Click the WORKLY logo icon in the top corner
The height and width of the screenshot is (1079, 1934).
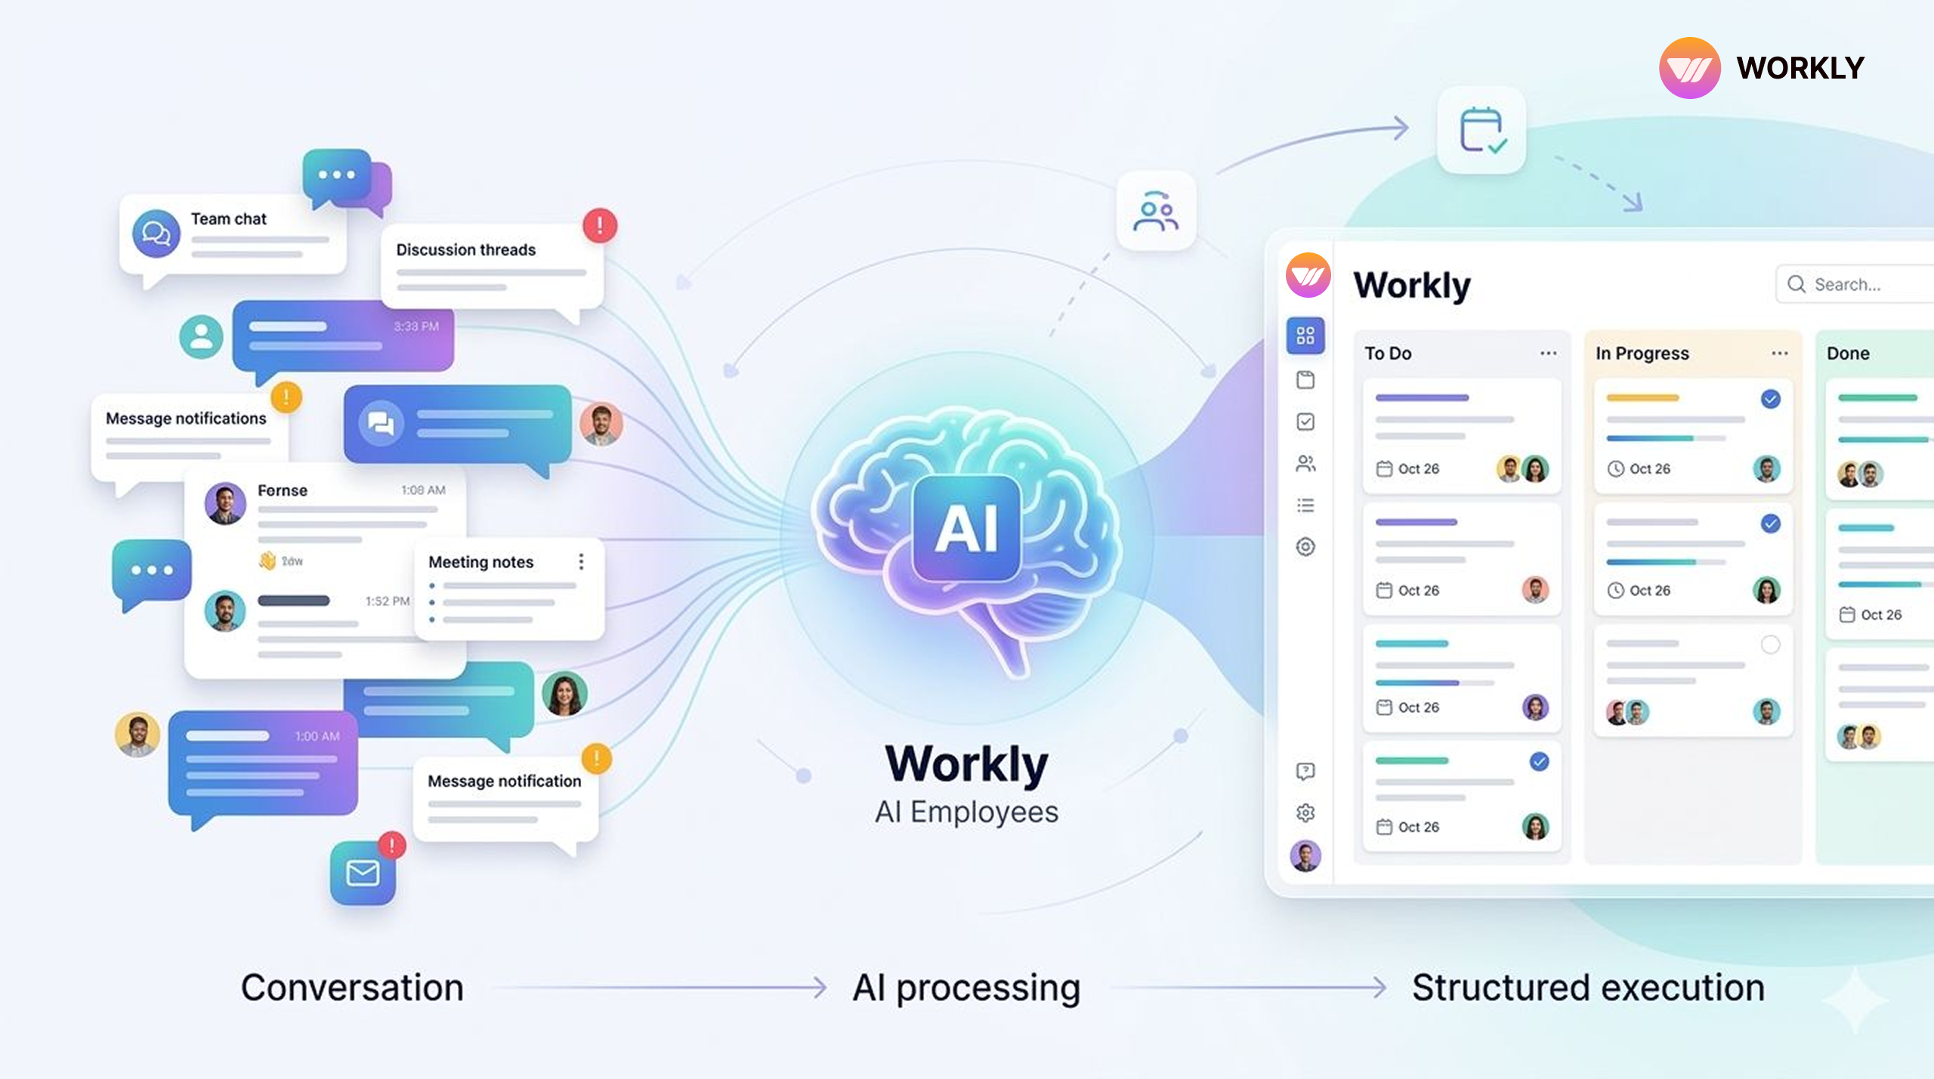tap(1689, 68)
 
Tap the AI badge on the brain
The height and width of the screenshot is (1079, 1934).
tap(966, 527)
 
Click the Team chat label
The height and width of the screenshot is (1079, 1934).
tap(228, 219)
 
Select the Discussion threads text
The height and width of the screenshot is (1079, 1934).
tap(465, 250)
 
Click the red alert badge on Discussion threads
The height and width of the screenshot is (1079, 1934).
tap(600, 225)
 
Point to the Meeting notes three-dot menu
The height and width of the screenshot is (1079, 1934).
tap(581, 561)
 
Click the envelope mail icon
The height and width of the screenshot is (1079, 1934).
tap(363, 873)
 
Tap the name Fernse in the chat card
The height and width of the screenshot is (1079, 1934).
tap(282, 490)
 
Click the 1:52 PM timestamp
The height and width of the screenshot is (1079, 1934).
tap(387, 601)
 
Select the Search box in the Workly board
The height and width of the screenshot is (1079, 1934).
tap(1851, 284)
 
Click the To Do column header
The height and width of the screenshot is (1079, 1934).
tap(1388, 354)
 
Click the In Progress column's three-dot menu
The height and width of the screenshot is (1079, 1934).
tap(1779, 354)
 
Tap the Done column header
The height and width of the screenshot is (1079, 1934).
tap(1848, 354)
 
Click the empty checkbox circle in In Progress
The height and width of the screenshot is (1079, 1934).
tap(1770, 645)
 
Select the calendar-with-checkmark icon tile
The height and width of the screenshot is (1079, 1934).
tap(1481, 130)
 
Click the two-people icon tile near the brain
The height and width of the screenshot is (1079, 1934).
tap(1155, 211)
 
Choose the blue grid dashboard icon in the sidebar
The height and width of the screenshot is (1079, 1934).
tap(1305, 335)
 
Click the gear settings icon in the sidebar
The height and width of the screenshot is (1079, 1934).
tap(1305, 812)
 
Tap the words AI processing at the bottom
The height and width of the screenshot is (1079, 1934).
tap(966, 988)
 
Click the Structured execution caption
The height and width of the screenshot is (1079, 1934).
tap(1588, 988)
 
